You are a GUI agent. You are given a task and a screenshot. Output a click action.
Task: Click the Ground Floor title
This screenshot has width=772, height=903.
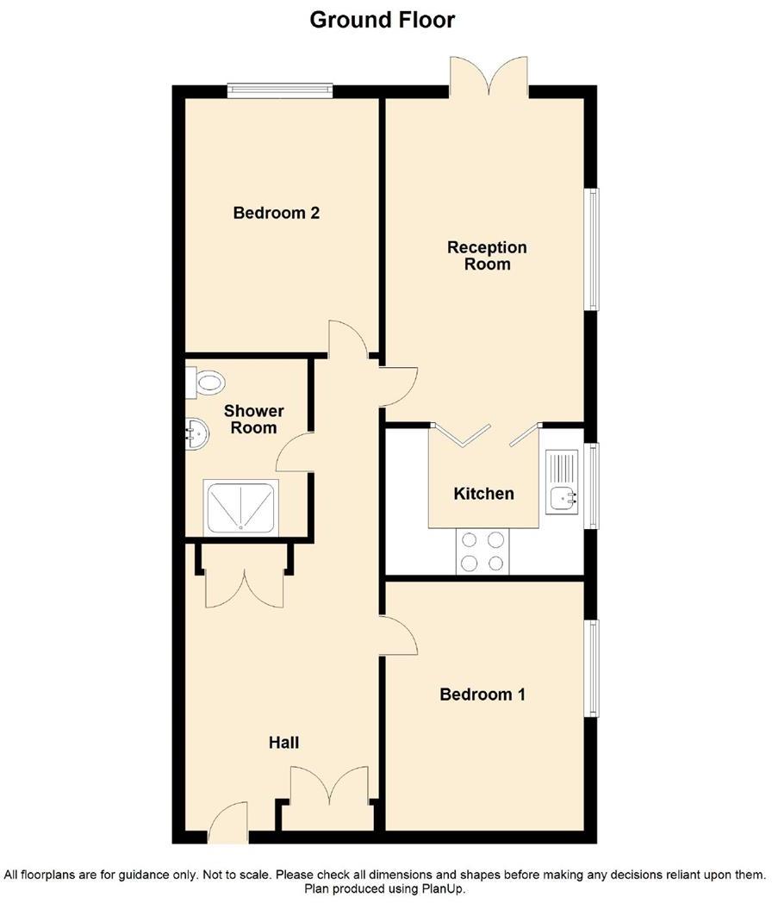[x=382, y=19]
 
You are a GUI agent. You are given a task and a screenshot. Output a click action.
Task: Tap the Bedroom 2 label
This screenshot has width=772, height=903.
[x=276, y=213]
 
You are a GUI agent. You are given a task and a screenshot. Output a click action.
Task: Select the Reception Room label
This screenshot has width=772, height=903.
[x=487, y=256]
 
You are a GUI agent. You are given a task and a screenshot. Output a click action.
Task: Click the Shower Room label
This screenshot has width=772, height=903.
[x=253, y=419]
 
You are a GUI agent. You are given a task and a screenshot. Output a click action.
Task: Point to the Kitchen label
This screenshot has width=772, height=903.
[x=483, y=494]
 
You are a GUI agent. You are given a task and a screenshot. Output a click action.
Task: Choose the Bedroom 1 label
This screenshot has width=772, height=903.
[x=482, y=694]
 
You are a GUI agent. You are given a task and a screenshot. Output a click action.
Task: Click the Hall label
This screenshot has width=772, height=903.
[x=283, y=742]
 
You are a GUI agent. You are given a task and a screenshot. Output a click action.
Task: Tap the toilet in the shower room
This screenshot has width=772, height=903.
[x=207, y=382]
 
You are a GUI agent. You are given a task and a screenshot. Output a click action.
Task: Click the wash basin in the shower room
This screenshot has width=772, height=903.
[x=197, y=434]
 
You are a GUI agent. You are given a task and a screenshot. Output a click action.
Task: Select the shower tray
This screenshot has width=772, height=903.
[x=240, y=507]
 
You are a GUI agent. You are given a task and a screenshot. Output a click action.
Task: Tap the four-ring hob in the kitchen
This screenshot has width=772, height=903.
[x=482, y=551]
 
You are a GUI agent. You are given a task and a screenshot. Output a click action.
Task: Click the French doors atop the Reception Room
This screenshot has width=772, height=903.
[x=489, y=78]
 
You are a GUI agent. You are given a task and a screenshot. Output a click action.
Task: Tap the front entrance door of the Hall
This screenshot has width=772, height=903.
[x=227, y=825]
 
